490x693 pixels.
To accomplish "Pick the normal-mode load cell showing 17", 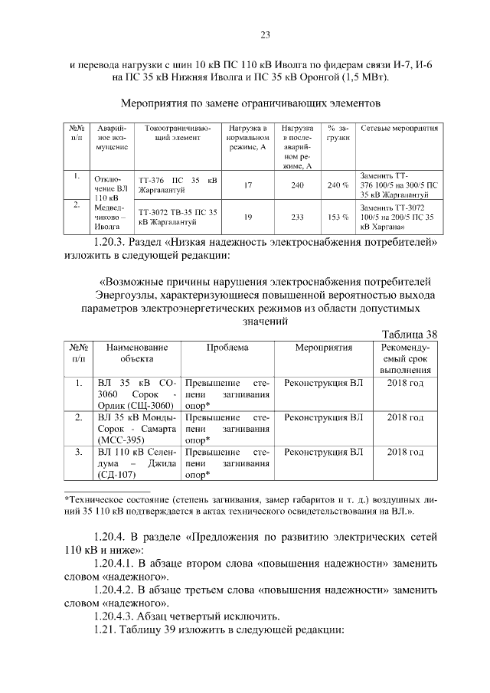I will tap(247, 185).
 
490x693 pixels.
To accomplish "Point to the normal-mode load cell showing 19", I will tap(247, 217).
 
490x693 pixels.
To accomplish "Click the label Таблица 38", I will tap(410, 334).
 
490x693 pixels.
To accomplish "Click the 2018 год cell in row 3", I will tap(405, 453).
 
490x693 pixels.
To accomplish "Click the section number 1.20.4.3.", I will tap(116, 615).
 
